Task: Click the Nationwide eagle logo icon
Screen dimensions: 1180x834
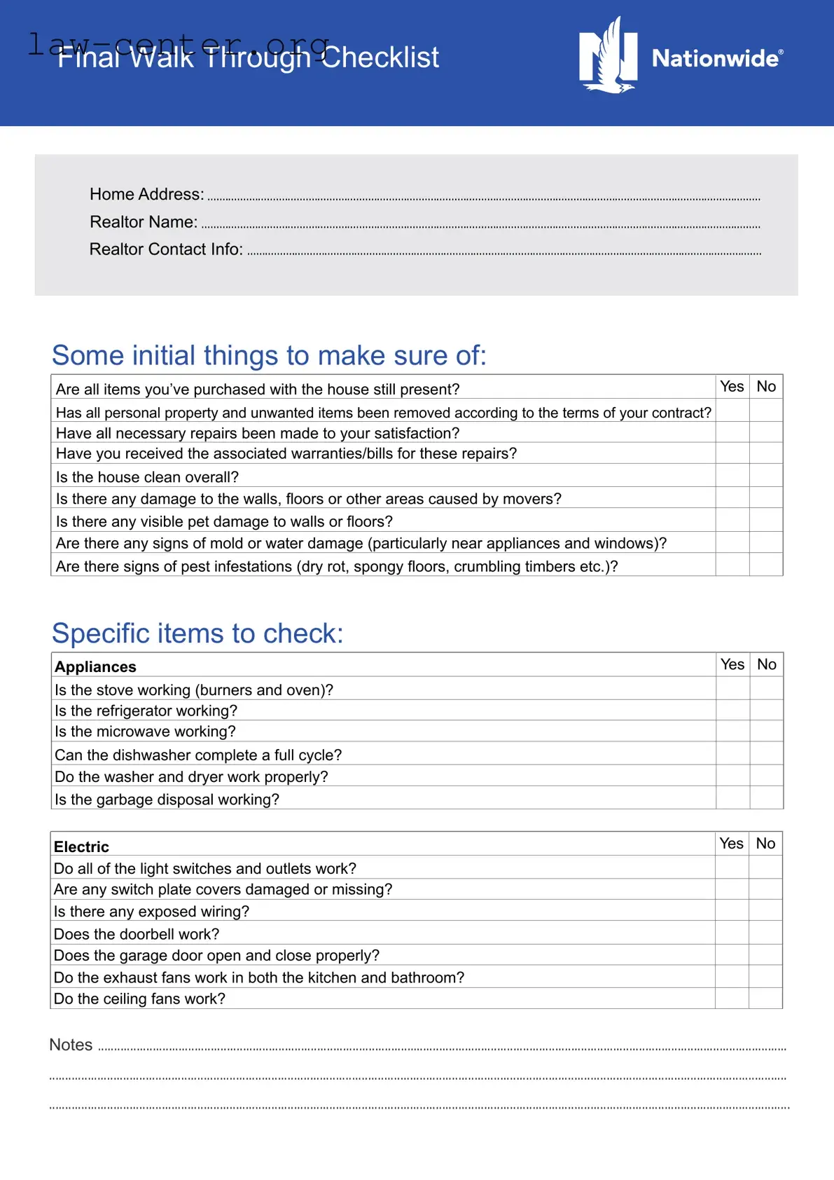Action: pos(608,56)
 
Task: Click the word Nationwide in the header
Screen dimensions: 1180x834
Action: pos(715,58)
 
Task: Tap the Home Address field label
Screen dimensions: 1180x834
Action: pos(146,194)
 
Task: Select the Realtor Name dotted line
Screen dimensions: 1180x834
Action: pos(480,226)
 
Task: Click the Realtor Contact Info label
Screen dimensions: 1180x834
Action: pos(166,249)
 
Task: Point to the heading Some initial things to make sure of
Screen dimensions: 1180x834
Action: pos(269,355)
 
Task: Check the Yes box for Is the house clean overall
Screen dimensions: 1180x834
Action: pos(732,476)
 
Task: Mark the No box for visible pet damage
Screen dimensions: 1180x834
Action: pos(766,520)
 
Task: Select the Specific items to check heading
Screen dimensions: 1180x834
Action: pos(197,633)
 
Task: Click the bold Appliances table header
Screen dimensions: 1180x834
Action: pos(96,667)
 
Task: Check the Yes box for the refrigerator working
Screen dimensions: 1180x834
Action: pos(732,710)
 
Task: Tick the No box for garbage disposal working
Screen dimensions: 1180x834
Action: pos(767,798)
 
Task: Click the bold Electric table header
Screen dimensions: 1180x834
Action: pos(81,846)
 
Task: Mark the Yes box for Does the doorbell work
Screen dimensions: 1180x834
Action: pos(732,933)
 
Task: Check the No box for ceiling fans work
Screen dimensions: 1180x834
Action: pos(765,998)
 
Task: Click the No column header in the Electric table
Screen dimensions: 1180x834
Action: pos(765,844)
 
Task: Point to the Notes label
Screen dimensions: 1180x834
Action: pos(71,1045)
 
